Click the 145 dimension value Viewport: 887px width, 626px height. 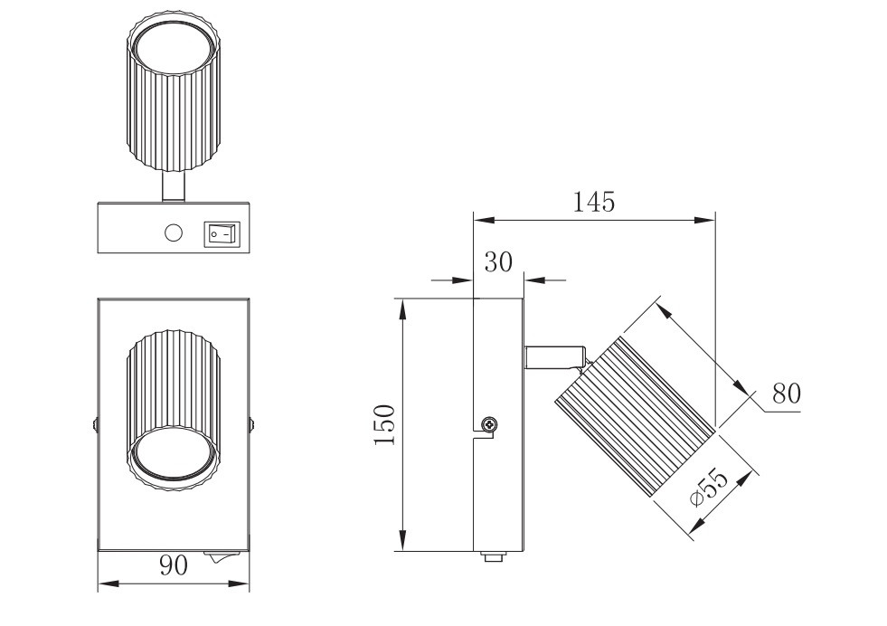point(594,201)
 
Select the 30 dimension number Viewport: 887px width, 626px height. point(498,262)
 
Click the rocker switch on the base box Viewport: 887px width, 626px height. point(222,233)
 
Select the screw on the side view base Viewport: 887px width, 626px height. point(489,423)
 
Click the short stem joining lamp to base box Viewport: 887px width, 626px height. point(173,186)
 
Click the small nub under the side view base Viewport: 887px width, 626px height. point(494,558)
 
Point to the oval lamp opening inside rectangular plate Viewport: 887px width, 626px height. point(173,460)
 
